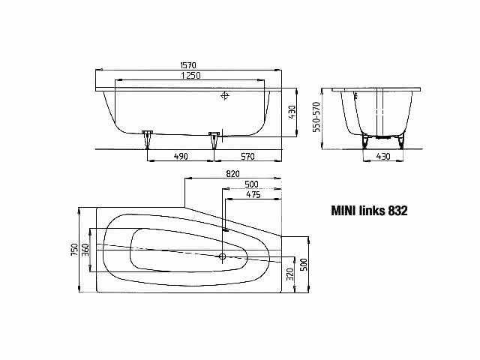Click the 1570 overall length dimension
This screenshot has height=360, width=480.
pos(188,65)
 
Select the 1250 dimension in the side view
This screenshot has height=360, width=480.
pos(190,75)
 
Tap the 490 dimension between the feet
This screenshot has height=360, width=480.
pos(181,156)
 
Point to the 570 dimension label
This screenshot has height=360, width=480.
pos(247,157)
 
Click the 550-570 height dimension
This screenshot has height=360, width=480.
pos(316,117)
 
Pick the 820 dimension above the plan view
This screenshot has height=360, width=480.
pos(232,174)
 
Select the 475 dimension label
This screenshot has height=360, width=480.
pos(253,195)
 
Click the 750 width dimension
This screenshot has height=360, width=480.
pos(74,250)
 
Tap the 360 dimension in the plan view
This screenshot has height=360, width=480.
pos(85,250)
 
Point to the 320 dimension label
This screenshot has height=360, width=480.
pos(289,274)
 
